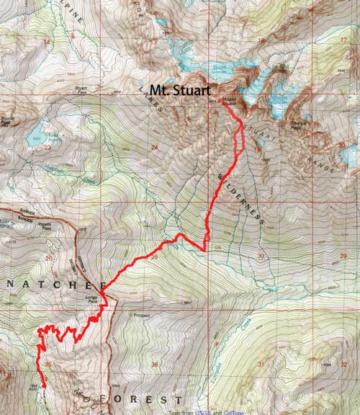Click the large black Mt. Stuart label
point(180,91)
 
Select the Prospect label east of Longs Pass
point(125,315)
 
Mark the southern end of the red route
point(43,385)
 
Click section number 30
point(260,256)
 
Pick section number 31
point(260,364)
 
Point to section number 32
point(343,364)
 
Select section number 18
point(260,41)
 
